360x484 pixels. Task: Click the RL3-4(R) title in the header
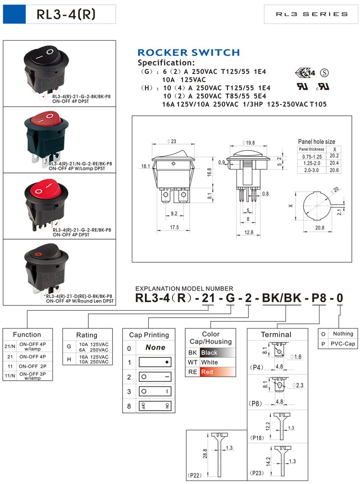[x=66, y=14]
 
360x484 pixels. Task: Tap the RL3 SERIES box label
[x=312, y=14]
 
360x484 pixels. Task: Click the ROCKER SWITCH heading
[x=188, y=53]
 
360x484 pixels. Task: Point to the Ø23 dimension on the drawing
[x=172, y=142]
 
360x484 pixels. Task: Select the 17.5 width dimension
[x=174, y=227]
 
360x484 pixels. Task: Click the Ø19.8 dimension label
[x=249, y=143]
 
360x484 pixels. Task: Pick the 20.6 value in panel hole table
[x=334, y=170]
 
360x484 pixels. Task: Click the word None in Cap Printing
[x=155, y=348]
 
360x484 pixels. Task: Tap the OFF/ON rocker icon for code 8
[x=155, y=406]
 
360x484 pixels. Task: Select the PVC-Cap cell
[x=342, y=344]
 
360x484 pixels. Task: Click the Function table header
[x=27, y=335]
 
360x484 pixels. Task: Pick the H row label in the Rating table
[x=69, y=359]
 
